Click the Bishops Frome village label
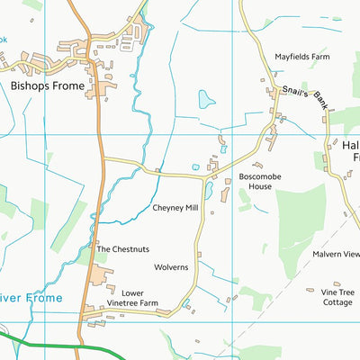click(48, 86)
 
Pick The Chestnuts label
click(123, 249)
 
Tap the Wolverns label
click(171, 267)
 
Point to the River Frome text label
click(31, 298)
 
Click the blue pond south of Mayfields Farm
click(207, 99)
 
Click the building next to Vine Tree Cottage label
click(310, 290)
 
